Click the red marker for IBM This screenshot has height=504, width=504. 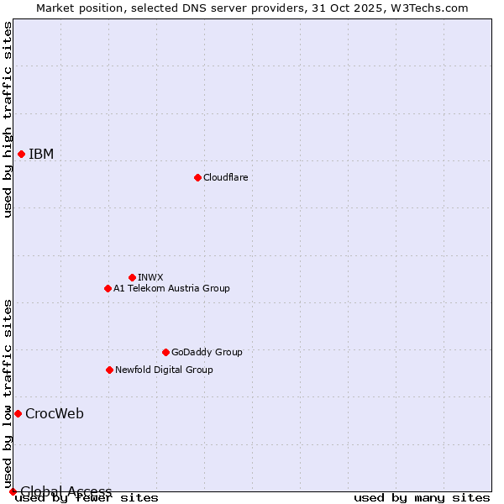tap(21, 154)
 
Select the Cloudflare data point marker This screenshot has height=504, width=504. tap(197, 177)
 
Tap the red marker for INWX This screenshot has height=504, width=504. tap(132, 277)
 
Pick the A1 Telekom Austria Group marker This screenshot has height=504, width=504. tap(108, 288)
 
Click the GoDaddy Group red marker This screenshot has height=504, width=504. tap(165, 352)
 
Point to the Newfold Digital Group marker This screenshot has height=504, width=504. tap(109, 370)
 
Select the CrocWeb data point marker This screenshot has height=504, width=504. tap(18, 413)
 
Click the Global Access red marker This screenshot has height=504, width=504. tap(13, 491)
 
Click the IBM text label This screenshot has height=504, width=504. tap(41, 154)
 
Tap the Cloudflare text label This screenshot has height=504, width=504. tap(225, 177)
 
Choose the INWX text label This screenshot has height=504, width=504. tap(150, 277)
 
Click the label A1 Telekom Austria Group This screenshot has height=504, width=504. tap(171, 288)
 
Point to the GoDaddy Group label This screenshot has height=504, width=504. tap(207, 352)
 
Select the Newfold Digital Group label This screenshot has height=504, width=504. tap(164, 370)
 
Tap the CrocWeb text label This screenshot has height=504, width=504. tap(55, 413)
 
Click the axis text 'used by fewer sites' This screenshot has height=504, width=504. tap(87, 498)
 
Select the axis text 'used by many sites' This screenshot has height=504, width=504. tap(422, 498)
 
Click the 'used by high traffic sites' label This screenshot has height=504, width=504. tap(8, 119)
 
